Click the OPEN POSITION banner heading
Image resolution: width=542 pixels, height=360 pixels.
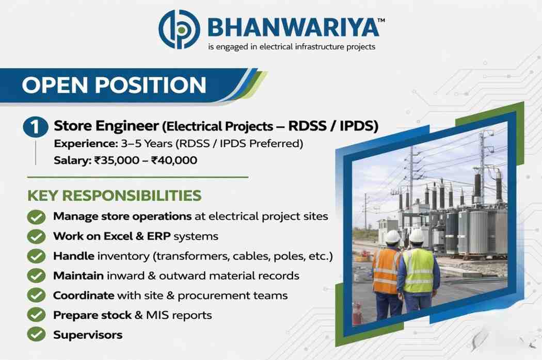pyautogui.click(x=114, y=85)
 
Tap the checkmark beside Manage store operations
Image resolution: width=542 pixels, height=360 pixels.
pyautogui.click(x=36, y=217)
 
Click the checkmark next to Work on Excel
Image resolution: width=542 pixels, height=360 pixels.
pyautogui.click(x=36, y=237)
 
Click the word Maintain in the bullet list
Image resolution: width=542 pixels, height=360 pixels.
pyautogui.click(x=78, y=276)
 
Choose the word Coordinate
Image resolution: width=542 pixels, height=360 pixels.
pyautogui.click(x=84, y=296)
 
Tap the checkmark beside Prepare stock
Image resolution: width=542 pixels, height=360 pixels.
pyautogui.click(x=36, y=315)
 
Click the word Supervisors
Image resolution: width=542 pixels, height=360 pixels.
pyautogui.click(x=88, y=335)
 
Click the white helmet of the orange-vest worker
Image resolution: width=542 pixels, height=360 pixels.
pyautogui.click(x=393, y=237)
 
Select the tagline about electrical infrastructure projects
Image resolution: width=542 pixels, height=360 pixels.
pyautogui.click(x=292, y=46)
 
